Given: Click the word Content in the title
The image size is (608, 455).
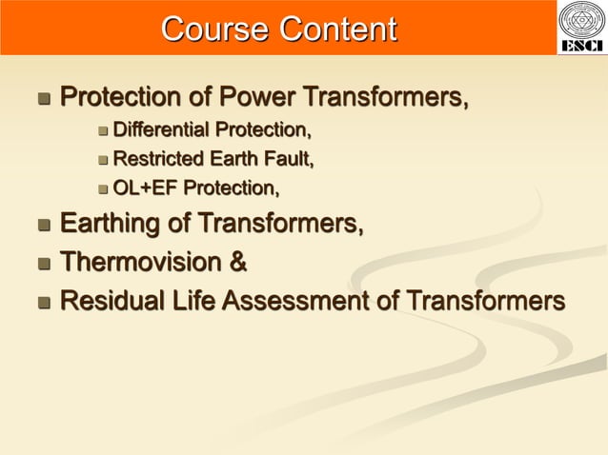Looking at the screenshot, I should point(336,30).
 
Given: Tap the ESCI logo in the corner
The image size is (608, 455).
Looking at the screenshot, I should point(581,28).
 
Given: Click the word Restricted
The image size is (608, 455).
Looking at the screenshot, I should point(157,159).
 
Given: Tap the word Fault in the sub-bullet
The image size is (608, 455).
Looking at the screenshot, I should point(290,159).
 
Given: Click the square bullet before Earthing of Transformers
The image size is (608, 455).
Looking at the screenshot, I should point(43,227).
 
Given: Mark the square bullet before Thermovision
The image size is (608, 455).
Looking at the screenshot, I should point(43,264).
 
